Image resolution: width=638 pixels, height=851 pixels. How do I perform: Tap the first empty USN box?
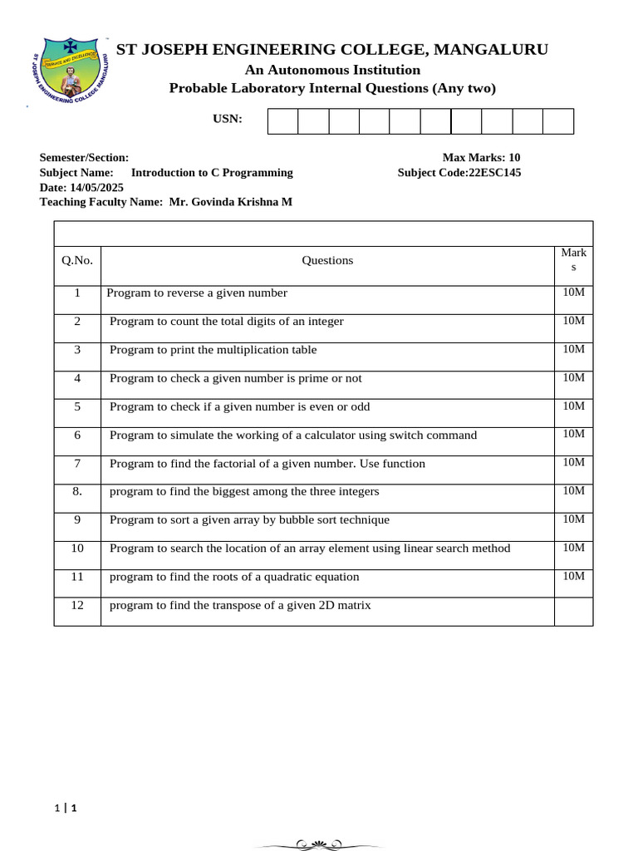[x=282, y=121]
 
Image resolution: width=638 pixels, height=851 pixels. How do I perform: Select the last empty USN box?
[x=558, y=121]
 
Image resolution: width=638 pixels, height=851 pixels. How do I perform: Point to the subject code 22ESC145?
[x=495, y=173]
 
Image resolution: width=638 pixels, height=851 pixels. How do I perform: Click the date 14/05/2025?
[x=96, y=188]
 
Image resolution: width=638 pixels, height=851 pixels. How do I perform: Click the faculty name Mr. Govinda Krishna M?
[x=230, y=202]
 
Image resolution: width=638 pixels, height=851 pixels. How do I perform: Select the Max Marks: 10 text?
[x=481, y=158]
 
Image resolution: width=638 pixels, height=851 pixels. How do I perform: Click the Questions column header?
[x=327, y=261]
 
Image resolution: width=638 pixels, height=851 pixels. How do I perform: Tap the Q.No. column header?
[x=77, y=261]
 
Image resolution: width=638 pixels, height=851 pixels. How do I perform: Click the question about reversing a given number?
[x=197, y=293]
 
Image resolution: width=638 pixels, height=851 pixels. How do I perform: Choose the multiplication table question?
[x=213, y=350]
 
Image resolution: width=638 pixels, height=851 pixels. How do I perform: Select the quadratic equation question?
[x=234, y=577]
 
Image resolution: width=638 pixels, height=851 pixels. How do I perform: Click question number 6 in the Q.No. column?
[x=77, y=435]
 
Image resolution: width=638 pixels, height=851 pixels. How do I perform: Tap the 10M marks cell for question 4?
[x=573, y=378]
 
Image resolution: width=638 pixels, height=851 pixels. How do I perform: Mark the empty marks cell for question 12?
[x=573, y=611]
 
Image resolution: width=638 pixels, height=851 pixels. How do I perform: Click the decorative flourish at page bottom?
[x=319, y=844]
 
